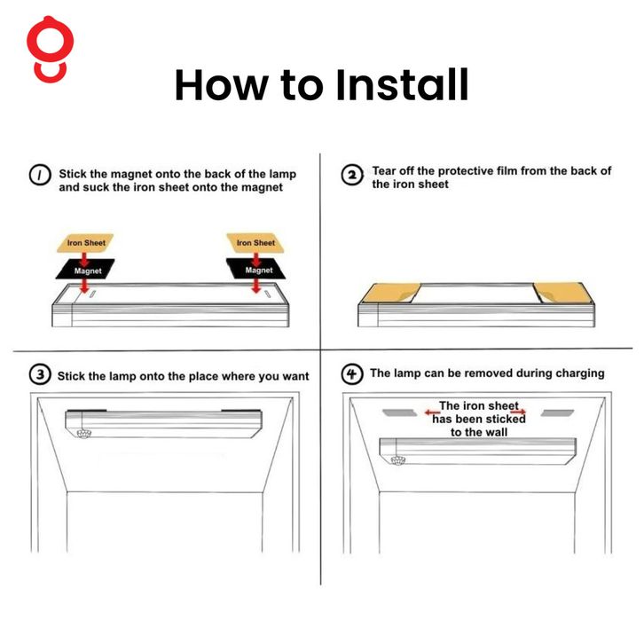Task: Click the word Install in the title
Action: coord(402,84)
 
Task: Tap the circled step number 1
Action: coord(40,175)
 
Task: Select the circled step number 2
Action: coord(352,175)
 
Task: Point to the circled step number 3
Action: coord(40,374)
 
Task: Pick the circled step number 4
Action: coord(352,374)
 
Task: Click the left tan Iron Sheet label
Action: coord(85,243)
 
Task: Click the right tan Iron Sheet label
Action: coord(255,243)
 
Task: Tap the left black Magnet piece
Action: coord(85,270)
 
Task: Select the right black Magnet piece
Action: coord(255,269)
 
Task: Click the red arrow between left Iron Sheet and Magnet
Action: coord(84,260)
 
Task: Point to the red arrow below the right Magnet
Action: coord(255,286)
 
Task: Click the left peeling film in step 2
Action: coord(391,293)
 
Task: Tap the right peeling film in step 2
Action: coord(563,293)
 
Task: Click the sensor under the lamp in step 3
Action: coord(83,433)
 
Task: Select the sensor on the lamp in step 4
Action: coord(397,460)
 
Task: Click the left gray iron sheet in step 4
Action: coord(400,412)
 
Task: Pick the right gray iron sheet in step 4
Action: coord(557,412)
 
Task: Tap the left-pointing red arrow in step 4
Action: coord(433,412)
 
